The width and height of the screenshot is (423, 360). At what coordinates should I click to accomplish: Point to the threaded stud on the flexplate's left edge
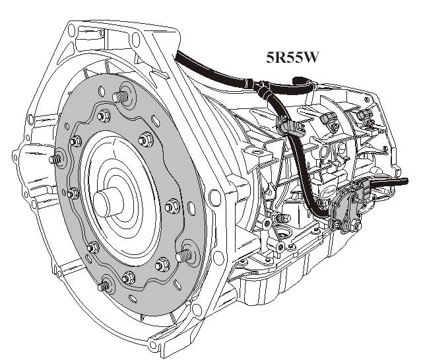(x=58, y=159)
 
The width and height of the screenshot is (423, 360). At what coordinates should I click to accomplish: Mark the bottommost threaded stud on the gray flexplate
(x=104, y=286)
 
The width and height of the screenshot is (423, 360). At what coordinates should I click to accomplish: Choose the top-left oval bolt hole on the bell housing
(x=71, y=31)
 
